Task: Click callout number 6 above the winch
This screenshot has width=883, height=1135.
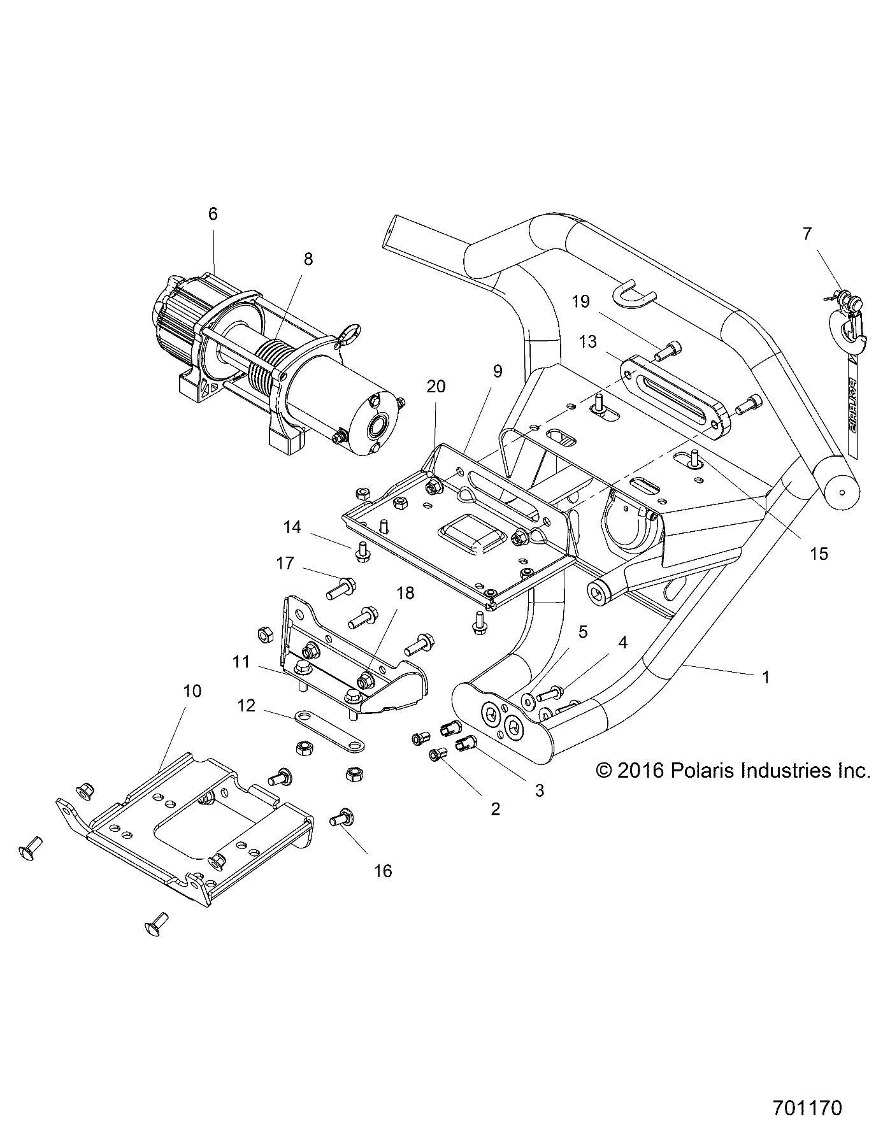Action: [213, 214]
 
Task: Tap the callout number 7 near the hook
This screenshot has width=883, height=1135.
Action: [807, 234]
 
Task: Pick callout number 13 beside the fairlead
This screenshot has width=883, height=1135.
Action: [587, 341]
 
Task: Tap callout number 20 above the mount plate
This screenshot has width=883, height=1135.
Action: [436, 387]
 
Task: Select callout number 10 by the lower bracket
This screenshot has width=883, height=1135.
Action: [192, 691]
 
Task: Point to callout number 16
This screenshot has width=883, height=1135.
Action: [383, 870]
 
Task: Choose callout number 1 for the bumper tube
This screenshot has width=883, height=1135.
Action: [766, 677]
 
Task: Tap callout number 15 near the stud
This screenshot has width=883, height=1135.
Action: [819, 553]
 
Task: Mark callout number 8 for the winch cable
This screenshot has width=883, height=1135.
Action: [308, 259]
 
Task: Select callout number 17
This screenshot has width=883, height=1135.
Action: [285, 563]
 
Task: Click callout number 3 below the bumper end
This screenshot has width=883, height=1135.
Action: [539, 790]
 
